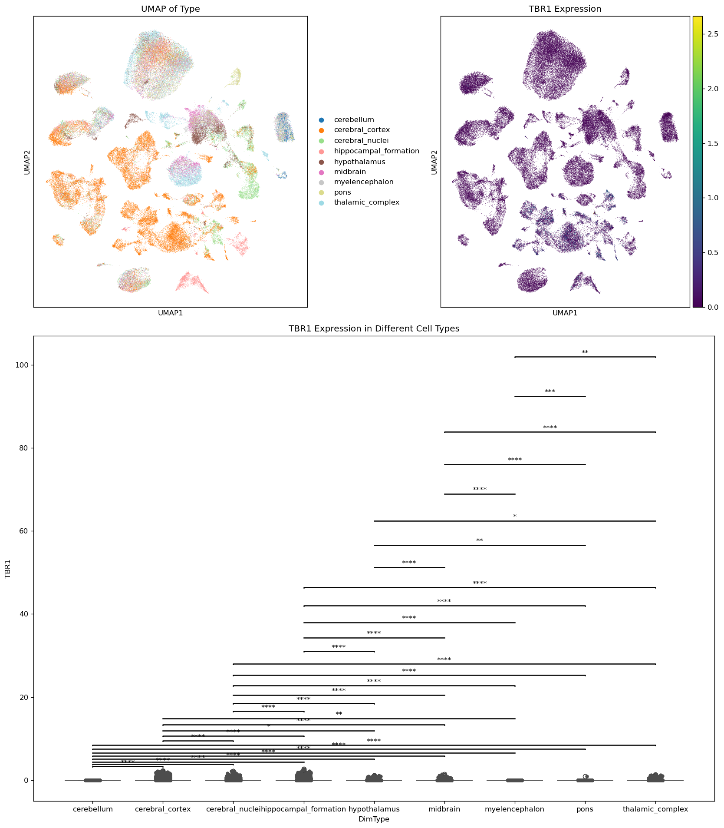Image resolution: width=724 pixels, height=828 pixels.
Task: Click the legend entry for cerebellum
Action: click(353, 120)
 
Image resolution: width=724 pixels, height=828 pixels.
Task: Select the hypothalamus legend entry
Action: click(359, 162)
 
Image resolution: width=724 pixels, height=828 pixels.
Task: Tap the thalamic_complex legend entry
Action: click(366, 202)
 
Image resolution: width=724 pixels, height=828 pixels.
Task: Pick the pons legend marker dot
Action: click(321, 192)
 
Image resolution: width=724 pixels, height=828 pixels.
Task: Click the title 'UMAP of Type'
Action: click(171, 9)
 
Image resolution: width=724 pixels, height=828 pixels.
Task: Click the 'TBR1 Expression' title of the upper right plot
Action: click(565, 9)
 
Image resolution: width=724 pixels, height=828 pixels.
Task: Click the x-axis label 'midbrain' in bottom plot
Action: click(444, 809)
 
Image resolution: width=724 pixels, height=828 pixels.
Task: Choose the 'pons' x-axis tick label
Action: click(585, 809)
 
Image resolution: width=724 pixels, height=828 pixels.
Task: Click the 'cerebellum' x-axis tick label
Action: click(92, 809)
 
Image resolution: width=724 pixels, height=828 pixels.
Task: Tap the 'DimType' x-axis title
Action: click(374, 819)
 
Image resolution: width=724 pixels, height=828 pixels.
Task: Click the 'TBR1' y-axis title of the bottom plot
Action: click(8, 568)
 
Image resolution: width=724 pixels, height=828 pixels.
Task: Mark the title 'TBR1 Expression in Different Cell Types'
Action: click(374, 329)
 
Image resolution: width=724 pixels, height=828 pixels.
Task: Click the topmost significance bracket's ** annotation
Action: click(585, 353)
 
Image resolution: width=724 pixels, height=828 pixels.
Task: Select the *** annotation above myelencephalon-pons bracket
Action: click(550, 392)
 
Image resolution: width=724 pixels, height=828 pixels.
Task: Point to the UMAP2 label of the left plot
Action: click(27, 162)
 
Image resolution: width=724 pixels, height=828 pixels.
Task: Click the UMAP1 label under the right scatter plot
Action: click(565, 313)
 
